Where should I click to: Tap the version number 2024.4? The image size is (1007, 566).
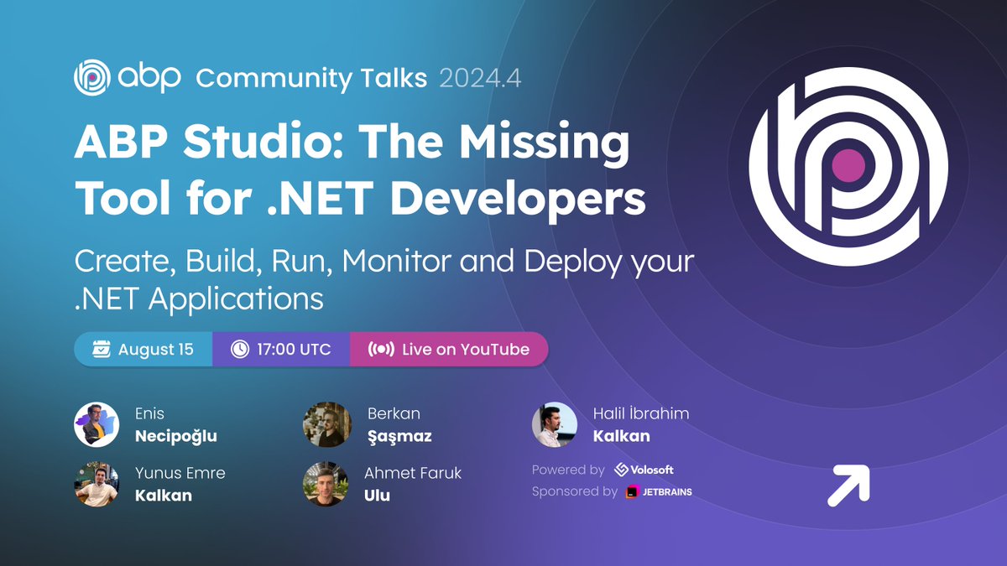(480, 79)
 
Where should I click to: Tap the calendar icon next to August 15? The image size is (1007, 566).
(102, 349)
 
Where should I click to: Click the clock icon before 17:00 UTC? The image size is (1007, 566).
(240, 349)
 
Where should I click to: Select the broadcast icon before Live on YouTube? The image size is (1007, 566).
(381, 349)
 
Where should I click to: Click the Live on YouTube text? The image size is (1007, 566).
(466, 349)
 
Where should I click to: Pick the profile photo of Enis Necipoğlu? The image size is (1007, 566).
(97, 424)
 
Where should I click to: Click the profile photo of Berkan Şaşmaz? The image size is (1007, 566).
(326, 424)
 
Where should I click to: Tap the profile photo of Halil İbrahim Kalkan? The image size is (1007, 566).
(555, 424)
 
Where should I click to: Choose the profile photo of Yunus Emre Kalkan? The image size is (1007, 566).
(97, 484)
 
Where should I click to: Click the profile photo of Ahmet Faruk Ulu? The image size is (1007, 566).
(326, 484)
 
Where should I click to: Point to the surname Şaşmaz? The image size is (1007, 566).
(399, 436)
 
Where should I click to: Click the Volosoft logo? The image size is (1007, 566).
(644, 470)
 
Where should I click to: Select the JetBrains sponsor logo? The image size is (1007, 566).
(659, 491)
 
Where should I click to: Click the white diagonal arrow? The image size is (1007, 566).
(848, 486)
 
